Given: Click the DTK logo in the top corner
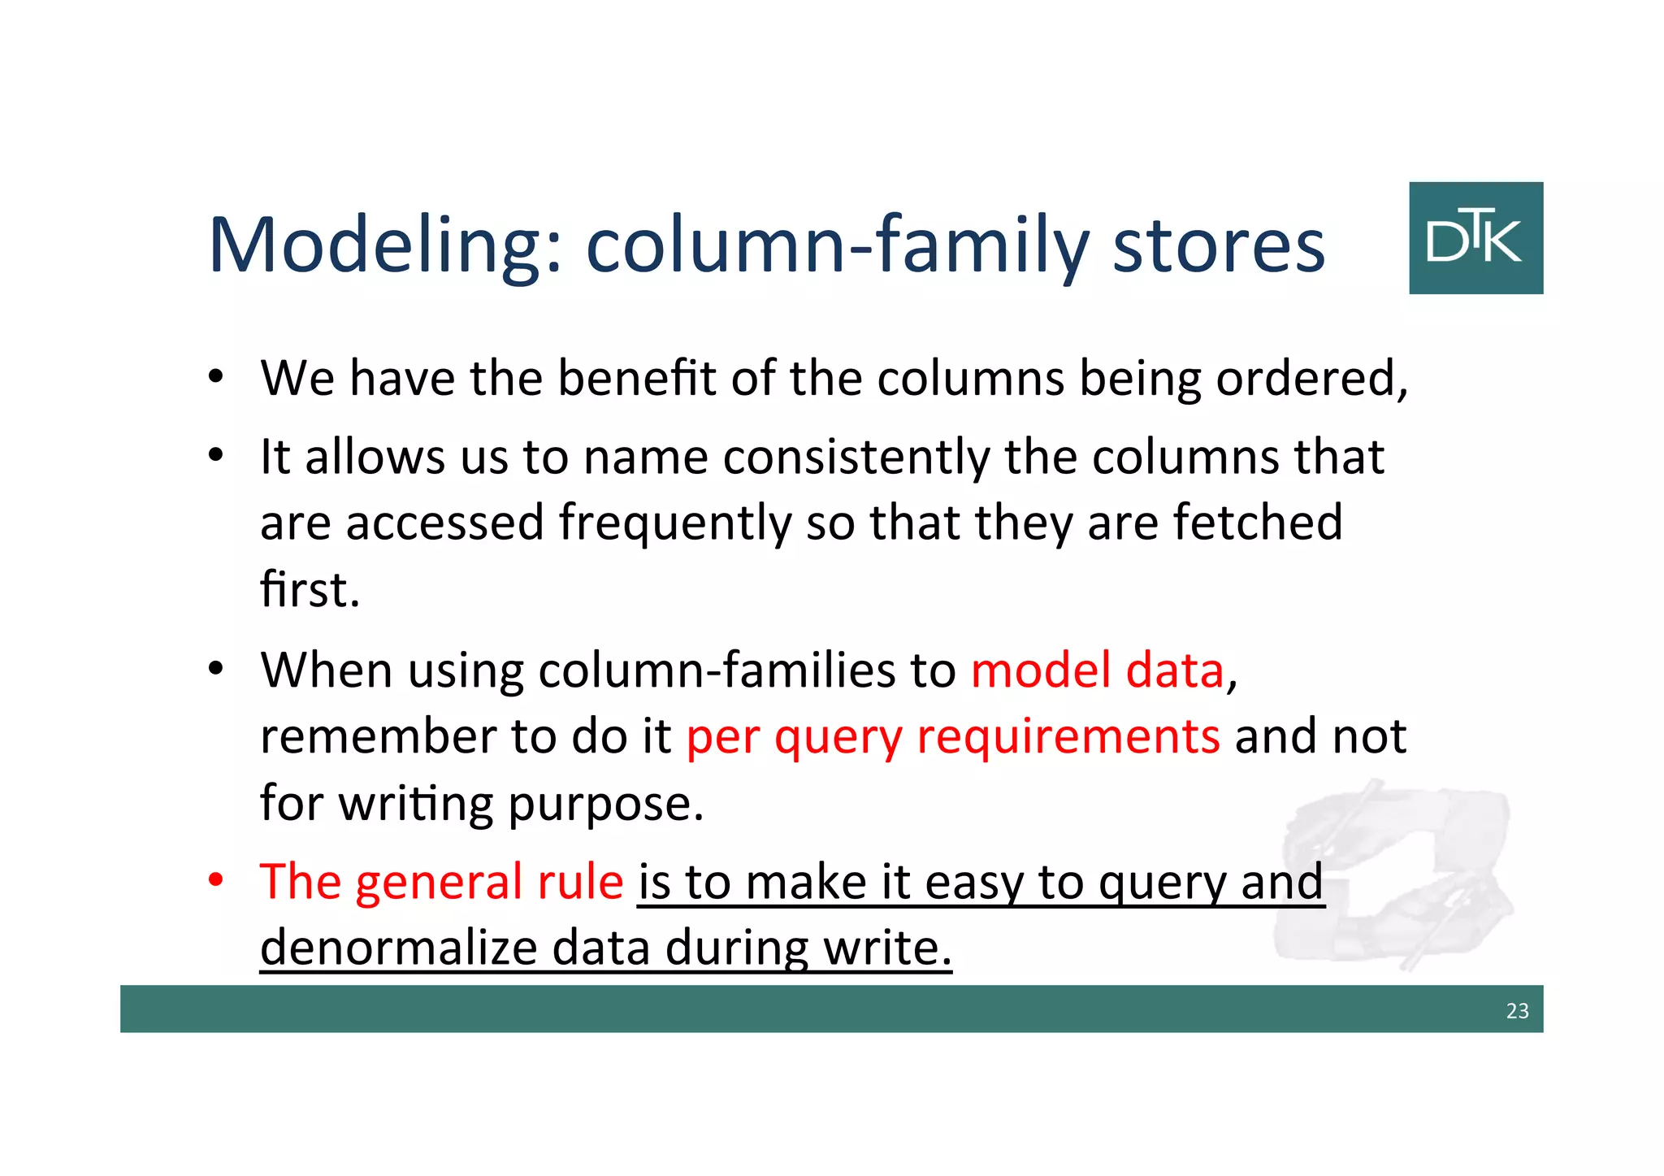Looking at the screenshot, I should pos(1475,237).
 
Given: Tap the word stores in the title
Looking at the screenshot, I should pos(1218,245).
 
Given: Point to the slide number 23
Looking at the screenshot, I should pos(1517,1010).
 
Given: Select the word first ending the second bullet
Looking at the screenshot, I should pos(310,589).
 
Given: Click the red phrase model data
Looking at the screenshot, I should pos(1097,670).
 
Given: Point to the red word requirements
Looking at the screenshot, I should pos(1068,736).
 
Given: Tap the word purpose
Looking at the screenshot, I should pos(605,803).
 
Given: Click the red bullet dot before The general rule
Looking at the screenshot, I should pos(215,880).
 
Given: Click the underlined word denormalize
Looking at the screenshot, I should pos(398,948).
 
